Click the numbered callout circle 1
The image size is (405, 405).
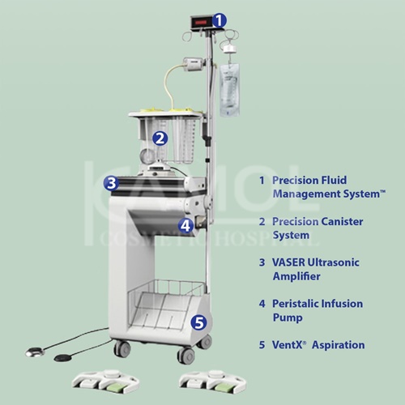[x=219, y=20]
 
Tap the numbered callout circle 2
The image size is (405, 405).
[x=160, y=139]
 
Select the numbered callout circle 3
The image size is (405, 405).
[x=111, y=183]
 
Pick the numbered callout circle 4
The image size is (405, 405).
[x=185, y=225]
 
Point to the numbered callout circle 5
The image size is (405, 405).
[x=198, y=322]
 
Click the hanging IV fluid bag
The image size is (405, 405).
[x=229, y=90]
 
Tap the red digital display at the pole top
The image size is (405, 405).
[x=202, y=23]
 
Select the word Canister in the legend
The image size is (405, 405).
[x=342, y=221]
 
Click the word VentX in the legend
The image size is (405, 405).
[x=288, y=345]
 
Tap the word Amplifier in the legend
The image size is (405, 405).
[x=296, y=276]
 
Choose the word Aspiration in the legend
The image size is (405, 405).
[x=338, y=345]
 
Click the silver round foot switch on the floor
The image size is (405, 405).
[x=36, y=352]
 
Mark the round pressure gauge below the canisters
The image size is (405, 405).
[x=147, y=156]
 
